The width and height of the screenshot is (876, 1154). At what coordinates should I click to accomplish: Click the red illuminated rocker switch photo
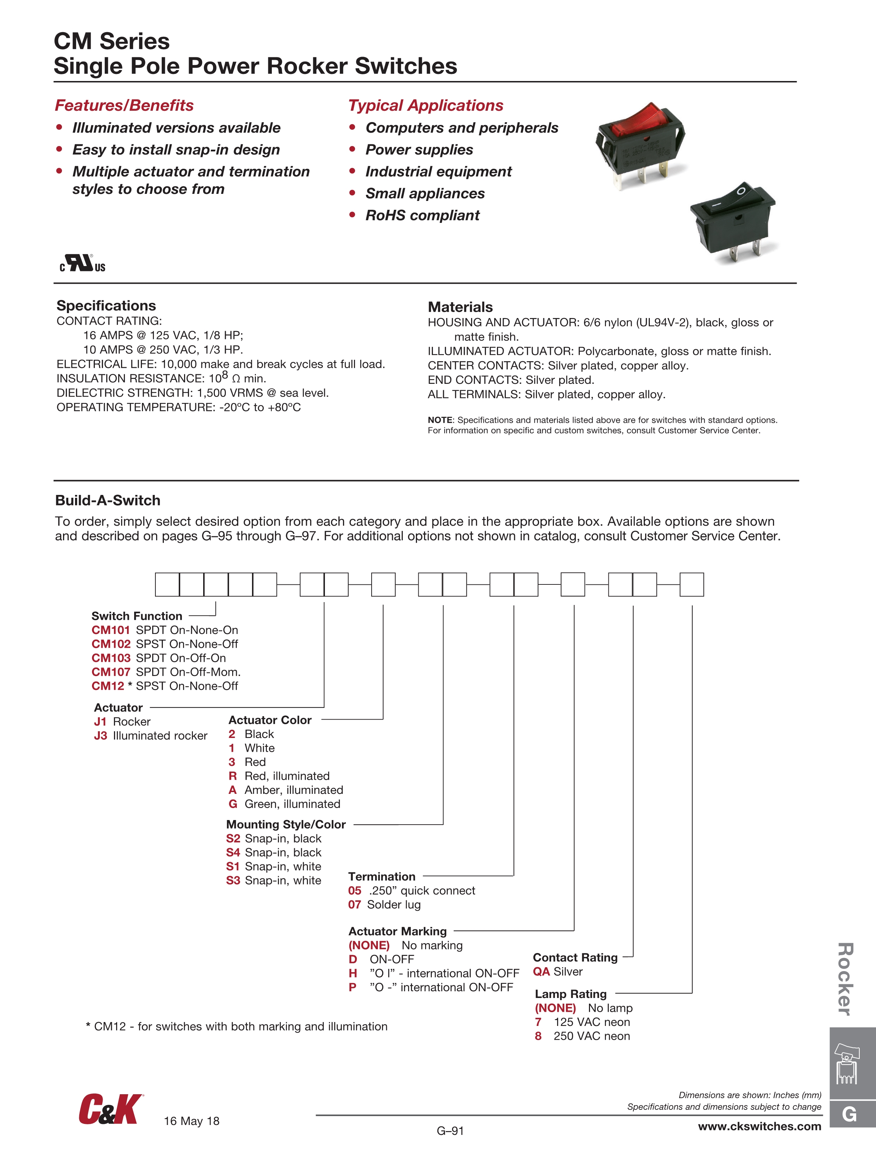click(640, 144)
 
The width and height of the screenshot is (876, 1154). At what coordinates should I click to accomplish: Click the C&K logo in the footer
click(110, 1110)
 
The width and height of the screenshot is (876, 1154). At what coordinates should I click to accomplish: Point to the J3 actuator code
click(100, 735)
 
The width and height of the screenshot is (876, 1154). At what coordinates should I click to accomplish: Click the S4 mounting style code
click(233, 853)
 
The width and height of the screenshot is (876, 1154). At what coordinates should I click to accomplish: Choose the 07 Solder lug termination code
click(355, 905)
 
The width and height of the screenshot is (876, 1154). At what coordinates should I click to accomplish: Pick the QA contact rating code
click(542, 971)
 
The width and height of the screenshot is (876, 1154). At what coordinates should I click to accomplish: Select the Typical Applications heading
click(425, 105)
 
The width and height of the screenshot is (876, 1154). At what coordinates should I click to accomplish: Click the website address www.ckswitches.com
click(759, 1126)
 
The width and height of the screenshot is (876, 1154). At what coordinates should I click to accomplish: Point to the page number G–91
click(450, 1131)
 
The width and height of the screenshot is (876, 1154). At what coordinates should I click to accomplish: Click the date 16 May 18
click(191, 1121)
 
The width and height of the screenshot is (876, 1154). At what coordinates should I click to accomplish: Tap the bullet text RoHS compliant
click(422, 215)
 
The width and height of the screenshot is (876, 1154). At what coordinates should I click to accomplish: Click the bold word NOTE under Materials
click(440, 420)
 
